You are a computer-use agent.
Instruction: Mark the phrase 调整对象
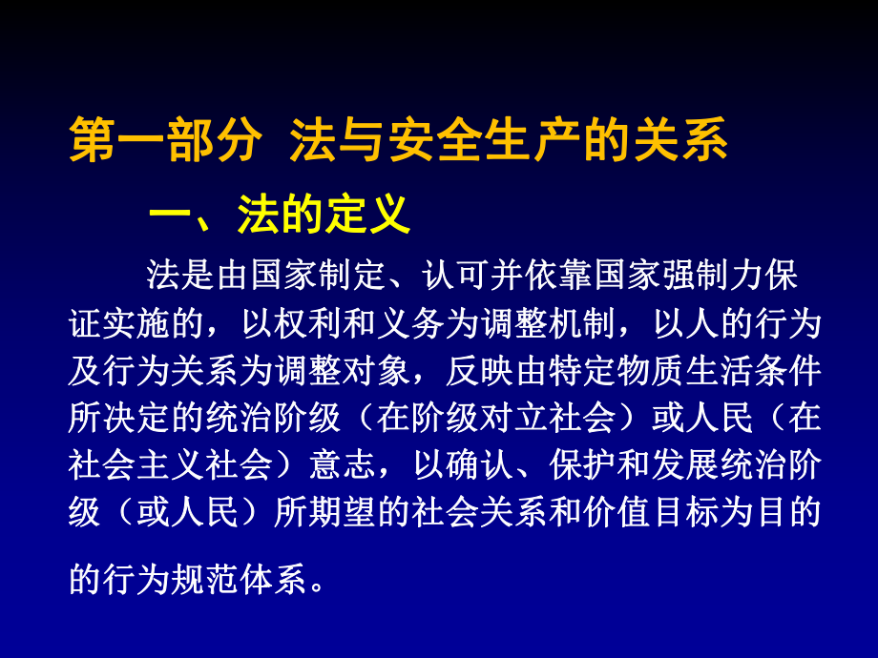(345, 371)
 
